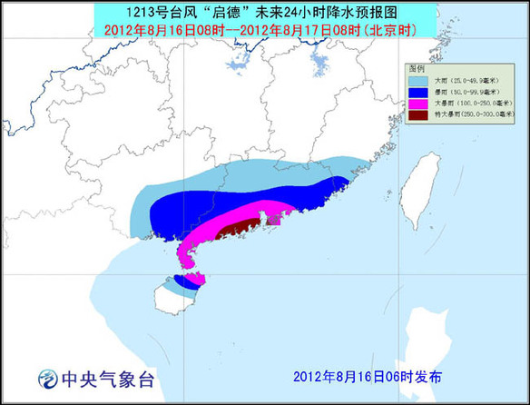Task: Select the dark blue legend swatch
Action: [x=417, y=92]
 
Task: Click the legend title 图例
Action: [x=417, y=68]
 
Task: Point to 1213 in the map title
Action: [x=179, y=12]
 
